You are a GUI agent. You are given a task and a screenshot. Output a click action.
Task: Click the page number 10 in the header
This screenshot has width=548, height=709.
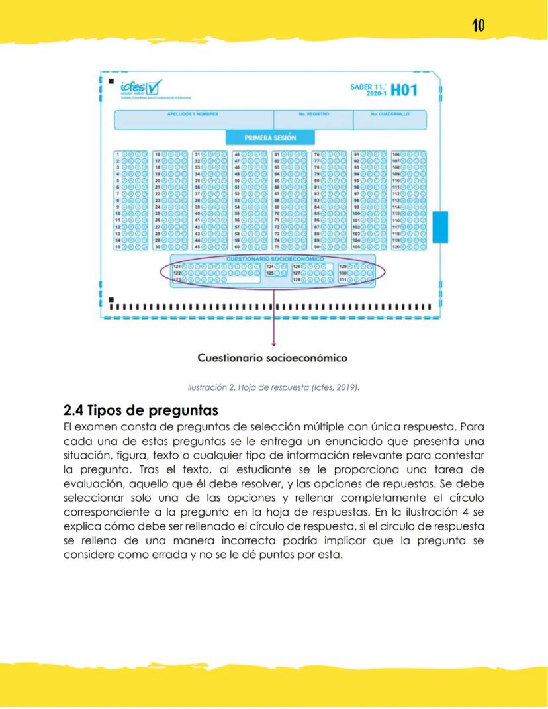pos(478,25)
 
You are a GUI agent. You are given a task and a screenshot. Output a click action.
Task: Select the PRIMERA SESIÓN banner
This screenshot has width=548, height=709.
pos(270,138)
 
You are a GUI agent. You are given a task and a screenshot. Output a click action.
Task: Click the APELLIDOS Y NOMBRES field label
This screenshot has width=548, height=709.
pos(193,114)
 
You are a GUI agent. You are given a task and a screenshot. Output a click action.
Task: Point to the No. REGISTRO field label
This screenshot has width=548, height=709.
pos(313,114)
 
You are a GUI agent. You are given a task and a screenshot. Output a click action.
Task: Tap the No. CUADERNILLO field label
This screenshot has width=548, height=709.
pos(389,114)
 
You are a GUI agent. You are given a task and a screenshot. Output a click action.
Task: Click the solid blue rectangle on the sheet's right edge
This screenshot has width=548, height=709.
pos(440,227)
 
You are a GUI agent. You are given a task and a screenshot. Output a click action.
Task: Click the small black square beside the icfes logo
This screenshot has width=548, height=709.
pos(110,81)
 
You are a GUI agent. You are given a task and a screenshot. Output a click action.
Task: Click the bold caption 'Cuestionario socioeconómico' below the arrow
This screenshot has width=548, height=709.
pos(273,358)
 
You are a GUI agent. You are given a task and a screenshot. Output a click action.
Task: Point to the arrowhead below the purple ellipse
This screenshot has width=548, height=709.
pos(273,344)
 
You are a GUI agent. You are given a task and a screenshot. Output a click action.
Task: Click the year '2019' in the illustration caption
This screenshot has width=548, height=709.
pos(345,387)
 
